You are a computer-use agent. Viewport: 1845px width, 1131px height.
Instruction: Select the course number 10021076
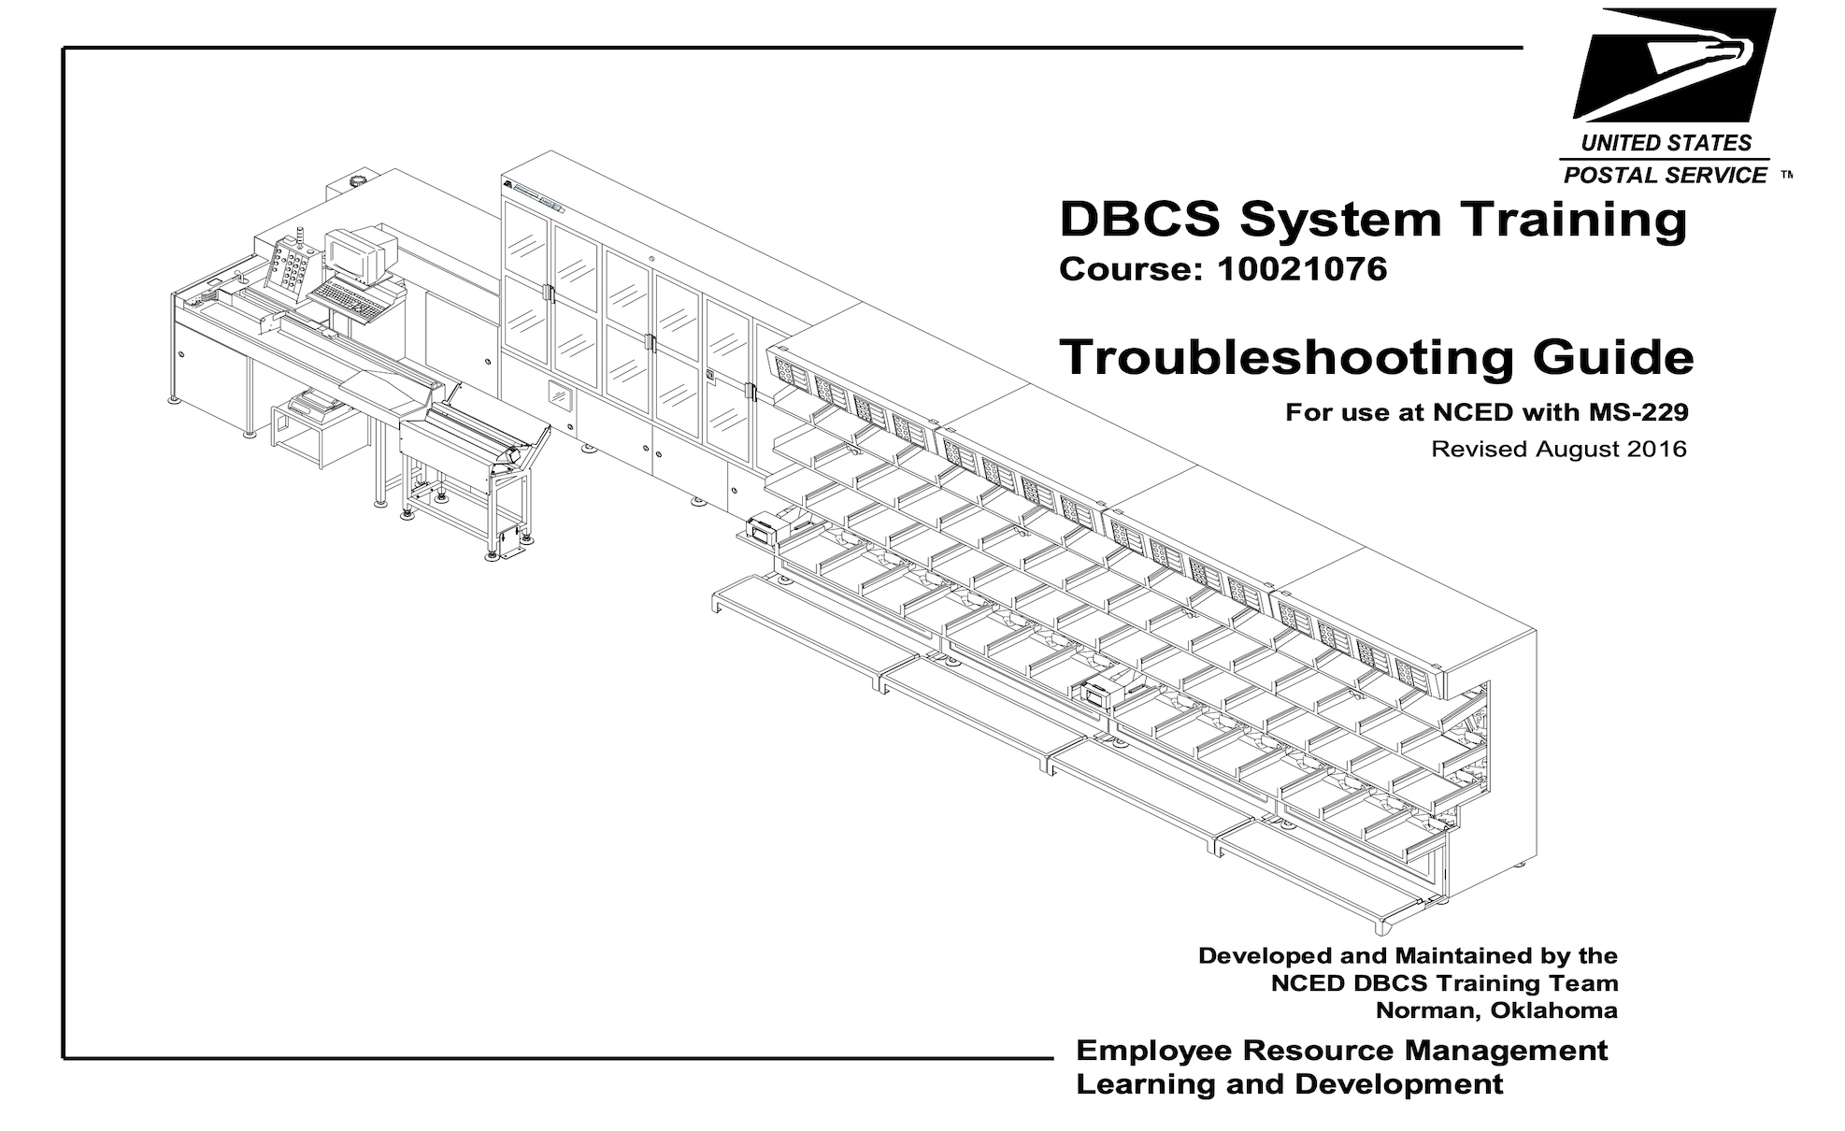tap(1302, 269)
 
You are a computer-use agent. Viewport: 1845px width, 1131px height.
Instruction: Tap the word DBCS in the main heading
tap(1139, 219)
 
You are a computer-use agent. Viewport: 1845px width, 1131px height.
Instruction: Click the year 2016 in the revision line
tap(1656, 450)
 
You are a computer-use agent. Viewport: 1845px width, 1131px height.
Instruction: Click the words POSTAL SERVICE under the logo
tap(1666, 175)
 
